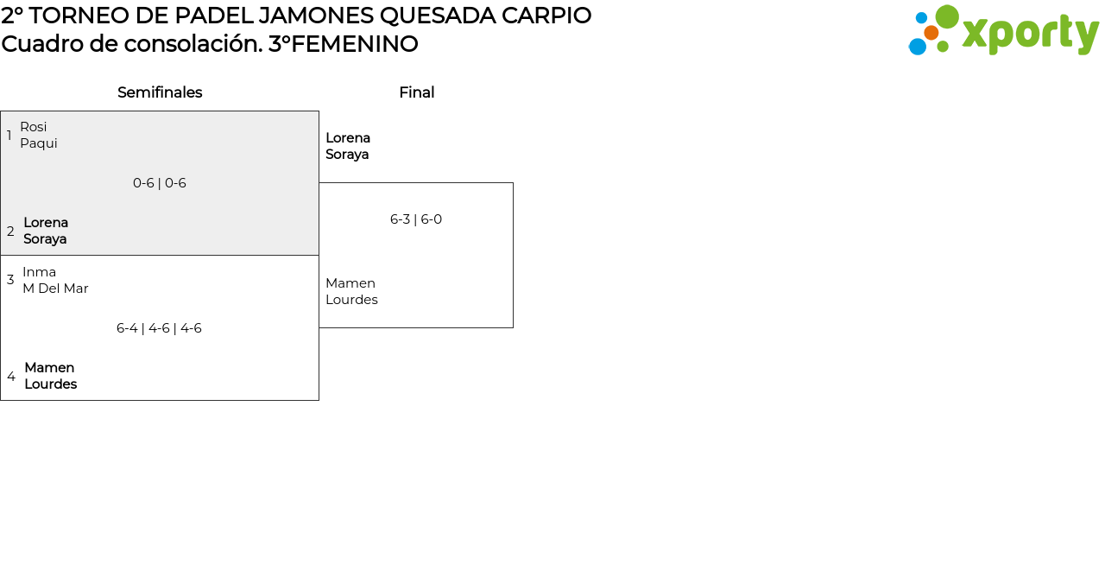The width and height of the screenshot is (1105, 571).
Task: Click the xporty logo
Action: coord(1003,31)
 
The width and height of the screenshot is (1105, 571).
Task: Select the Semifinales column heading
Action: coord(160,92)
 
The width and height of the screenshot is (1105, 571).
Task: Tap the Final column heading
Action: coord(416,92)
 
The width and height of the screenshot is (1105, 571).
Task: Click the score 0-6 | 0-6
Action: coord(160,183)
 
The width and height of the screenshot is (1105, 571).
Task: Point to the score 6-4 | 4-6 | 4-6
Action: coord(159,328)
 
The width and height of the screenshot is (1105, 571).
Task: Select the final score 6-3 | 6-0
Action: coord(416,219)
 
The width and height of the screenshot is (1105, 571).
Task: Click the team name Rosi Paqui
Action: coord(39,135)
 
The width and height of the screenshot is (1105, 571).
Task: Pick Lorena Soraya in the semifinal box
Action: coord(46,231)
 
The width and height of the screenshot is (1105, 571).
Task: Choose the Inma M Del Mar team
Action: coord(55,280)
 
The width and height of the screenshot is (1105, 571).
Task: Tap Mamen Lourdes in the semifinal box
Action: coord(50,376)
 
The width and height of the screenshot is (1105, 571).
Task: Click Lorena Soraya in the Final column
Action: coord(348,146)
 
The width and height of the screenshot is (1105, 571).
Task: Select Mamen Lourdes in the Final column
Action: coord(351,291)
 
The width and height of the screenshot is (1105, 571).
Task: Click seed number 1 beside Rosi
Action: coord(9,136)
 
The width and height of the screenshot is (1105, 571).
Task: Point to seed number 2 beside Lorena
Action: coord(10,232)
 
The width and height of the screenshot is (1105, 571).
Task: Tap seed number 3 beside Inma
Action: coord(10,280)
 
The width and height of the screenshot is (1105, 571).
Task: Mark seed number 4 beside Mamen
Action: coord(11,377)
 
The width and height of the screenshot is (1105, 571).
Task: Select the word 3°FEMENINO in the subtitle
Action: coord(343,44)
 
